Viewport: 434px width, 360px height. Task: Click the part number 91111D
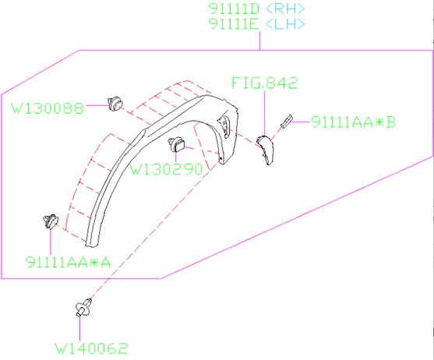[234, 9]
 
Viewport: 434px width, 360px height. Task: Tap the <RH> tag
[285, 9]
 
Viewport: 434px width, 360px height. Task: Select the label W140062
[91, 348]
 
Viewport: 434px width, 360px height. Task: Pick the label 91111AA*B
[353, 122]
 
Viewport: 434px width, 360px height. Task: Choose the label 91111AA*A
[67, 261]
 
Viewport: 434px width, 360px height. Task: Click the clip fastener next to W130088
[115, 101]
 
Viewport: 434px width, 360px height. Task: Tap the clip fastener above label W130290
[177, 143]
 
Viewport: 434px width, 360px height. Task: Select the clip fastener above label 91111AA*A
[49, 221]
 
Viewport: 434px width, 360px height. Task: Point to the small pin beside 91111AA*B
[286, 120]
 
